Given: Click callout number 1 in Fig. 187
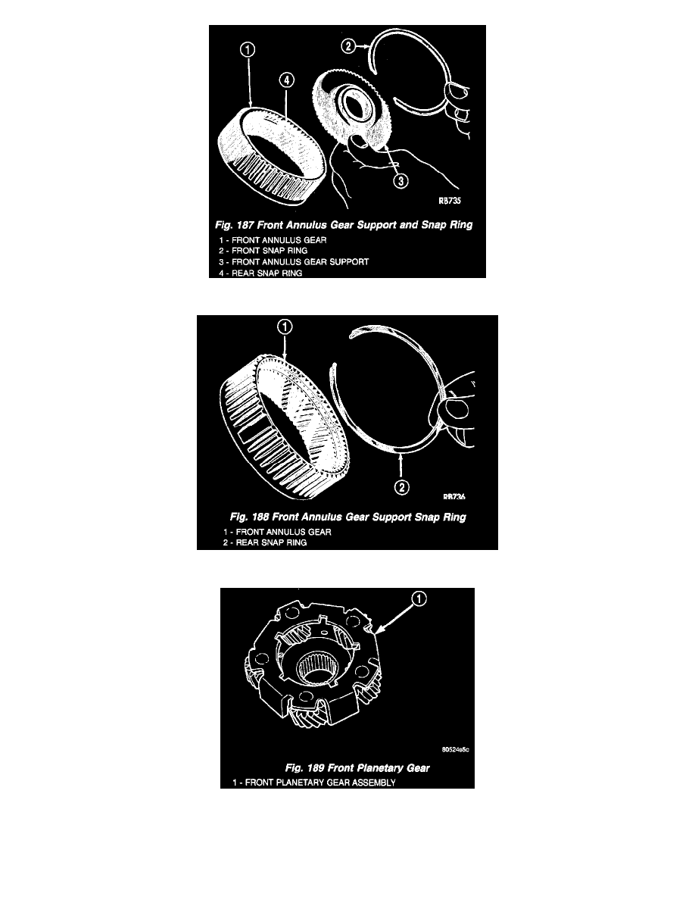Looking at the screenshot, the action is coord(247,50).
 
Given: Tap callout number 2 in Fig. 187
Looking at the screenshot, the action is coord(349,46).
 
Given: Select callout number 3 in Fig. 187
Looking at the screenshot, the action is coord(400,181).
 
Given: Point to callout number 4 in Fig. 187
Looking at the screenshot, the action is coord(287,80).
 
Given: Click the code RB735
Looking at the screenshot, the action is coord(450,201).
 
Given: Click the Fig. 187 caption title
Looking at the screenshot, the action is coord(344,225).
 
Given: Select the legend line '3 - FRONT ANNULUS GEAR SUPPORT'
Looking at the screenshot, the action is coord(294,261).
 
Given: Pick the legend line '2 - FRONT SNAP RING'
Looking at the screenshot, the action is coord(263,251).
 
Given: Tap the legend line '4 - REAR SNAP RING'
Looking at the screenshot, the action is coord(260,273).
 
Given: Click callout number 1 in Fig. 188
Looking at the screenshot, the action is coord(285,327).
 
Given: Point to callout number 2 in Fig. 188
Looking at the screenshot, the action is coord(401,487).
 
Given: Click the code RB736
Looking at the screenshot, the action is coord(454,496).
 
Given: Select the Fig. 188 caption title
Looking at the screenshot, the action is coord(348,517).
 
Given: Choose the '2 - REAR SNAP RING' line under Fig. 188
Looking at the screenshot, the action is coord(265,542).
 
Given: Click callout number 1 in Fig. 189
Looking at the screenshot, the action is coord(419,599).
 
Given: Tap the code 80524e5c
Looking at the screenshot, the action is coord(456,749).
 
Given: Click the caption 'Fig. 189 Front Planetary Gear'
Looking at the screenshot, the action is coord(357,768).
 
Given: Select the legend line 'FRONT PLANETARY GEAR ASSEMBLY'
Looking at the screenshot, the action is coord(320,783).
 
